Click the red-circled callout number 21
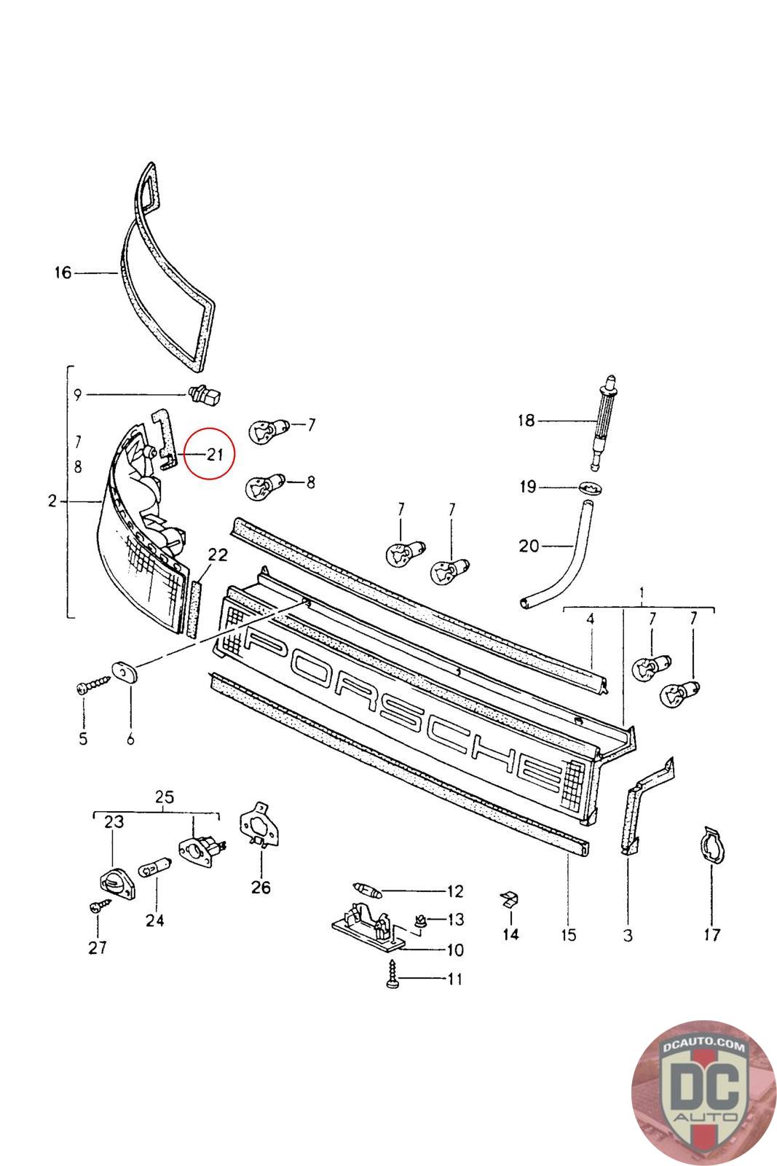(x=215, y=455)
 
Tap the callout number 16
(x=63, y=273)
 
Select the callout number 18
(x=526, y=420)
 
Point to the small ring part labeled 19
(x=591, y=488)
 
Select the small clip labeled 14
(x=510, y=899)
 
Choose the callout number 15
(x=569, y=935)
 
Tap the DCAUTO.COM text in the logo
(x=703, y=1045)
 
